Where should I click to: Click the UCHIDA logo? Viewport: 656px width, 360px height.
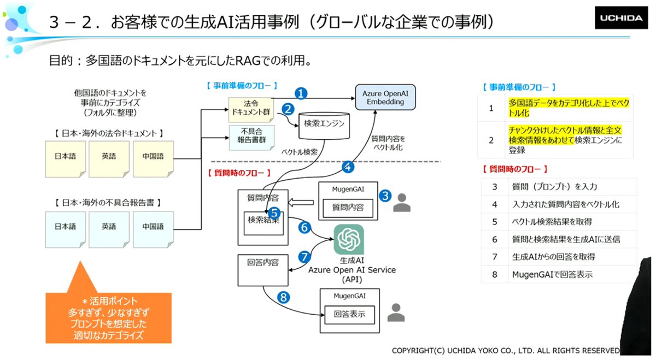click(x=621, y=18)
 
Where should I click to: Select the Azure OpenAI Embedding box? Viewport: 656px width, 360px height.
click(x=385, y=97)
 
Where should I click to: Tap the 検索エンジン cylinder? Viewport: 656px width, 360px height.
click(x=324, y=125)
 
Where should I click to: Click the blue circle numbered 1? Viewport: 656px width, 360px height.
click(x=301, y=93)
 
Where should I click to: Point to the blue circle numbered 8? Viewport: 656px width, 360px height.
click(x=284, y=297)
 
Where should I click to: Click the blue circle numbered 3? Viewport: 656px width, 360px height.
click(x=385, y=196)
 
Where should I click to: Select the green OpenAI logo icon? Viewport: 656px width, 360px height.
click(x=349, y=239)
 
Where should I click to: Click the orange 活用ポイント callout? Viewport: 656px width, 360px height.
click(x=108, y=317)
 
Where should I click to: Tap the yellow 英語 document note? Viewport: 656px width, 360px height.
click(x=109, y=159)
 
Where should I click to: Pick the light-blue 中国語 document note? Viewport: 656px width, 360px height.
click(x=153, y=229)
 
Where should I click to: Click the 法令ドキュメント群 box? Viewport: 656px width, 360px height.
click(x=251, y=109)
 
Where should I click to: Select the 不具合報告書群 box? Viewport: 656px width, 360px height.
click(x=251, y=138)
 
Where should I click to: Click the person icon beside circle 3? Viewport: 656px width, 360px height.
click(x=402, y=202)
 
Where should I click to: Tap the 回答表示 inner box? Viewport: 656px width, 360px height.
click(x=350, y=315)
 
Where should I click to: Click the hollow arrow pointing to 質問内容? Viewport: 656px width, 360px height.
click(x=301, y=203)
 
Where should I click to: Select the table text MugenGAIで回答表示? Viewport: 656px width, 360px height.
click(x=552, y=275)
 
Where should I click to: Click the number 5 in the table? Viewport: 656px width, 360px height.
click(x=495, y=222)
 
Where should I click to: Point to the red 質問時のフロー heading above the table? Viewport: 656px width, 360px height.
click(x=515, y=169)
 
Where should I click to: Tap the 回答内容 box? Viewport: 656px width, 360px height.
click(x=263, y=270)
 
